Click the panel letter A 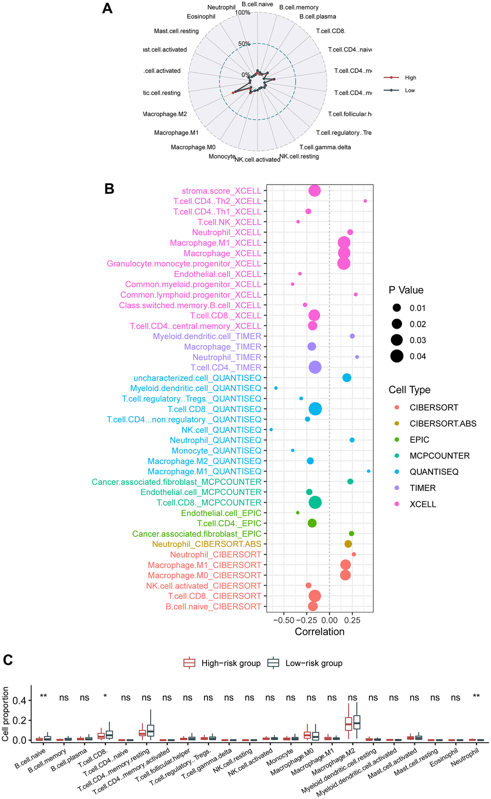click(x=107, y=9)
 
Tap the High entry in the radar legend click(x=410, y=78)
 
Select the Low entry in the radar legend click(x=410, y=91)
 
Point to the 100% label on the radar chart click(x=243, y=13)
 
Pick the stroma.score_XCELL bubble click(x=314, y=191)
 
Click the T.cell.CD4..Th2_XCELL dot click(x=365, y=201)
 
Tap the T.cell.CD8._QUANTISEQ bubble click(x=315, y=409)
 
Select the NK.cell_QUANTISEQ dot click(x=271, y=429)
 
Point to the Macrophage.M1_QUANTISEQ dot click(x=368, y=471)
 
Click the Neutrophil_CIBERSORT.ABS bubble click(x=348, y=544)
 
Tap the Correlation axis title click(x=320, y=632)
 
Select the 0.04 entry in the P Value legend click(x=417, y=357)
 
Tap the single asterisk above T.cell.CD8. click(x=105, y=697)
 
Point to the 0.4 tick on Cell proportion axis click(x=21, y=700)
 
